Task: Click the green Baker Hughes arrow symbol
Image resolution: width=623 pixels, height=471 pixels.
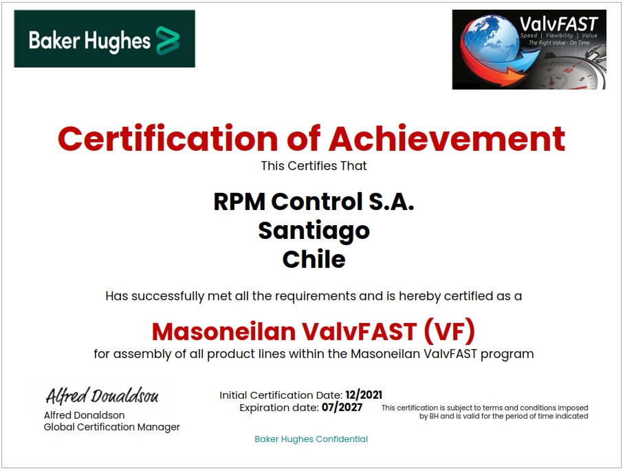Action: click(x=168, y=40)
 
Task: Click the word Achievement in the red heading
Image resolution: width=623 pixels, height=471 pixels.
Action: click(x=446, y=138)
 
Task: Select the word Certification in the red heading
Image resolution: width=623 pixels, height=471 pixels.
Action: click(x=168, y=138)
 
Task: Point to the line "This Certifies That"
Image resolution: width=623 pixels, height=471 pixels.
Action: click(x=314, y=165)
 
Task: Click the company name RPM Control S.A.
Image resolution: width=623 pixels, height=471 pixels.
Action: click(x=314, y=201)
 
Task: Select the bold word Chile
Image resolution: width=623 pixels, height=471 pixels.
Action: click(x=314, y=260)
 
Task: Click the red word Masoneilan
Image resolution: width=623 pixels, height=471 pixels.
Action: click(x=223, y=331)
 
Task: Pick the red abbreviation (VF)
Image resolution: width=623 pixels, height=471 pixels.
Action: click(x=449, y=331)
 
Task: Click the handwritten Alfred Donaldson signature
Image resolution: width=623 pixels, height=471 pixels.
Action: click(x=102, y=395)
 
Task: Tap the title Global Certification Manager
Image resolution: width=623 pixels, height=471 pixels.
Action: click(x=111, y=427)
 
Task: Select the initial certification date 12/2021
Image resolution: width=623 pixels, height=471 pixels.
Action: click(x=364, y=395)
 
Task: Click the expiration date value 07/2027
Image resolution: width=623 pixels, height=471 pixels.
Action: click(x=342, y=408)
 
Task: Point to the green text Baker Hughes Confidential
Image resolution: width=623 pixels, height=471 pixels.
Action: click(x=311, y=439)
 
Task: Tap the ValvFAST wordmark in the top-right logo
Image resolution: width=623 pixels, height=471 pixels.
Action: click(x=558, y=24)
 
